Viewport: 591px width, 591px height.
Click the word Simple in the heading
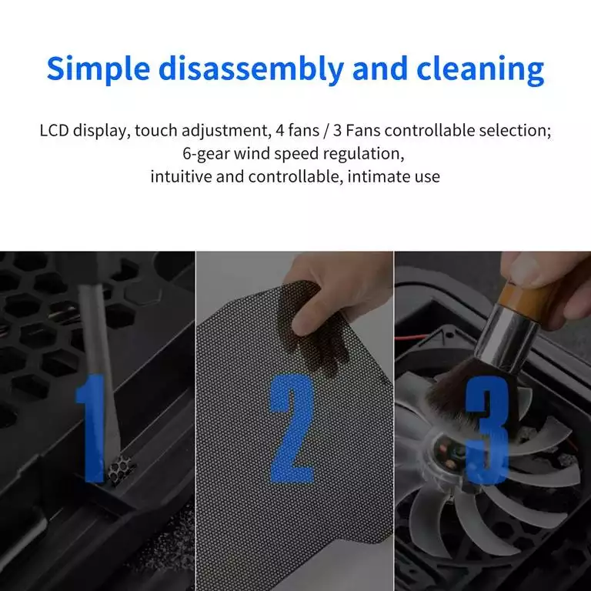pos(98,69)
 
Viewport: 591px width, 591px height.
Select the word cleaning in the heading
pos(480,69)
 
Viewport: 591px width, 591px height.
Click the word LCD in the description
pos(55,130)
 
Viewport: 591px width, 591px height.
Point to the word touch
pos(156,131)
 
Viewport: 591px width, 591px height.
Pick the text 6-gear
pos(206,154)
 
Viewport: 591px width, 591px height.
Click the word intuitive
pos(182,176)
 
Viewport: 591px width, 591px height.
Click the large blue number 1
pos(91,428)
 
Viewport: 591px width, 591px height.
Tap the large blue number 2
pos(292,429)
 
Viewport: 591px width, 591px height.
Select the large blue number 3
pos(487,429)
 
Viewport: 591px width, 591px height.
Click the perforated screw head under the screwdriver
pos(121,469)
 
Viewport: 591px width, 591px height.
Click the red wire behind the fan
pos(411,337)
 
